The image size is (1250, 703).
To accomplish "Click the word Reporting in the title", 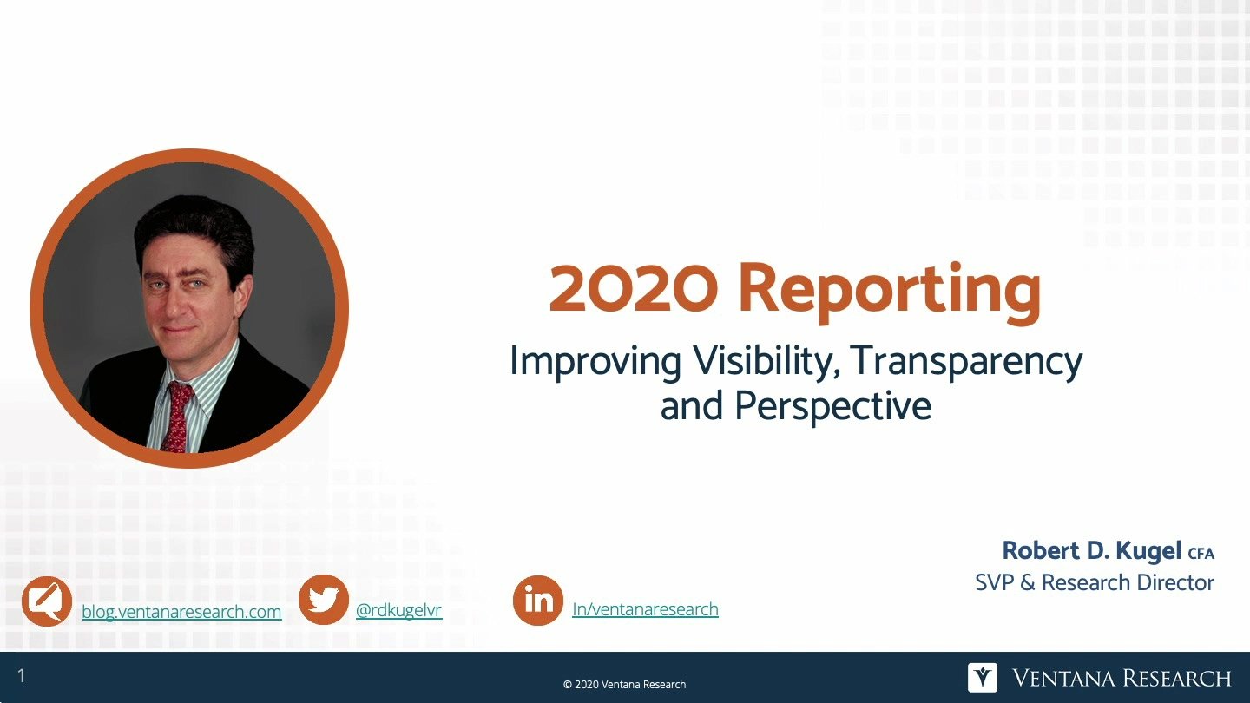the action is pyautogui.click(x=890, y=292).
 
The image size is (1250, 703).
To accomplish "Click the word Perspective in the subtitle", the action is pyautogui.click(x=832, y=405).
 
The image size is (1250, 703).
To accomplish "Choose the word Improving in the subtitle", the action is pyautogui.click(x=595, y=363).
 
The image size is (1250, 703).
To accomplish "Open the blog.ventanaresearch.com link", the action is pyautogui.click(x=181, y=612).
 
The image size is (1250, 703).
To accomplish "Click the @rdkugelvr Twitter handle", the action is pyautogui.click(x=399, y=610).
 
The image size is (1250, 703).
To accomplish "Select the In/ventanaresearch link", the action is pyautogui.click(x=645, y=609).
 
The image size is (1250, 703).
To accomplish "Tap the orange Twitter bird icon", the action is pyautogui.click(x=324, y=600).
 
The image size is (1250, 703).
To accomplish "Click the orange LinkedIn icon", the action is pyautogui.click(x=538, y=601).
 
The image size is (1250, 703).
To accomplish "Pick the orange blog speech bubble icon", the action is pyautogui.click(x=47, y=601).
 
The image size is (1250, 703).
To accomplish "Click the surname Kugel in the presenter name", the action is pyautogui.click(x=1148, y=550).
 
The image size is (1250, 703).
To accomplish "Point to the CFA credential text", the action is pyautogui.click(x=1201, y=554).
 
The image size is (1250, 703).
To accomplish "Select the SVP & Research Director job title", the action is pyautogui.click(x=1095, y=582).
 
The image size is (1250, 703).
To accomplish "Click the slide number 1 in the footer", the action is pyautogui.click(x=21, y=676).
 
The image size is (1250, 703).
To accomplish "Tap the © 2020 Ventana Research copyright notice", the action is pyautogui.click(x=624, y=685).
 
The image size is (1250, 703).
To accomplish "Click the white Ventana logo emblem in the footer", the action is pyautogui.click(x=982, y=678).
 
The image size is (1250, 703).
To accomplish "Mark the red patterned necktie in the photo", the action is pyautogui.click(x=177, y=417).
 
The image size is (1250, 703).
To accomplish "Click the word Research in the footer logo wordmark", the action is pyautogui.click(x=1176, y=679).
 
